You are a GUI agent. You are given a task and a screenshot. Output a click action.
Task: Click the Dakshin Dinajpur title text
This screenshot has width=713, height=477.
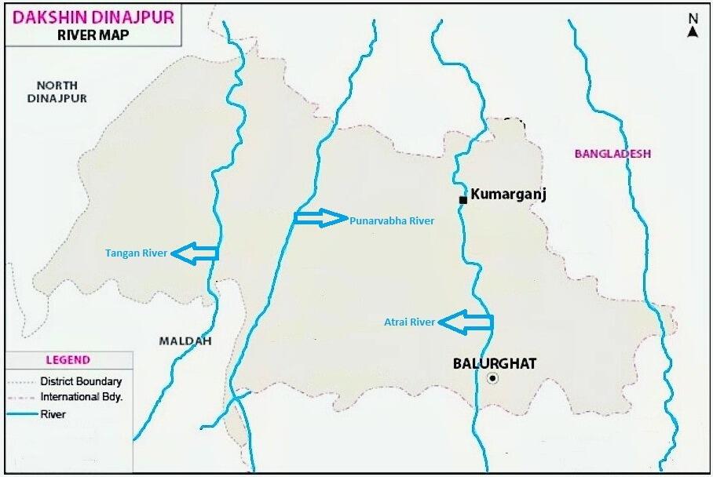pos(92,16)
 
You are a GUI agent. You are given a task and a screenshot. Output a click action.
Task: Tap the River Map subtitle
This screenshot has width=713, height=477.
pos(92,35)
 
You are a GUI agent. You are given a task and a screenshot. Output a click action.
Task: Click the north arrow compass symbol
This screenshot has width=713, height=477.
pos(693,25)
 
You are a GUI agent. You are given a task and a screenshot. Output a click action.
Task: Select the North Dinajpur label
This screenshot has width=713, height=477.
pos(57,92)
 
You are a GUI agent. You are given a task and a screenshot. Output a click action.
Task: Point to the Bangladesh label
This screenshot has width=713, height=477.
pos(612,154)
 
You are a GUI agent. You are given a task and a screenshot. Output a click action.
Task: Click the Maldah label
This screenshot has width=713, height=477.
pos(185,340)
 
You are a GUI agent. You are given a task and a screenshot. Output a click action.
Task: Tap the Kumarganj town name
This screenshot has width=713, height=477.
pos(507,195)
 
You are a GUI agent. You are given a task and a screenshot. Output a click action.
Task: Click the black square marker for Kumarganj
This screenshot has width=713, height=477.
pos(463,201)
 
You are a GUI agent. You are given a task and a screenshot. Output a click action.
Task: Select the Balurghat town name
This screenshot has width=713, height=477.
pos(495,363)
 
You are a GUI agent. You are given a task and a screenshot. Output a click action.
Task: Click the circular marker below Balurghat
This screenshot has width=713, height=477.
pos(492,378)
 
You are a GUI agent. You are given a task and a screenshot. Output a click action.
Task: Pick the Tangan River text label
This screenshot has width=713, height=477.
pos(136,253)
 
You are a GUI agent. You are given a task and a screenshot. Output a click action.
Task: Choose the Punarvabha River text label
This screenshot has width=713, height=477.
pos(392,220)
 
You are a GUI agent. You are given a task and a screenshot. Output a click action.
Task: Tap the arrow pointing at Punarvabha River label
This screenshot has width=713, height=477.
pos(320,218)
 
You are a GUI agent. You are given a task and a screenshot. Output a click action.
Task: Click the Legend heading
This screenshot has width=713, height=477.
pos(68,360)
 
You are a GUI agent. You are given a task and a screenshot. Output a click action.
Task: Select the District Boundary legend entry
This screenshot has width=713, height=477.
pos(81,381)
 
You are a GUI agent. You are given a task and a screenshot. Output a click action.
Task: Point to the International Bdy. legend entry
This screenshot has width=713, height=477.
pos(82,397)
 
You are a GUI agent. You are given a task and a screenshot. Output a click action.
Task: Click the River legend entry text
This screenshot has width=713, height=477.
pos(53,414)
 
